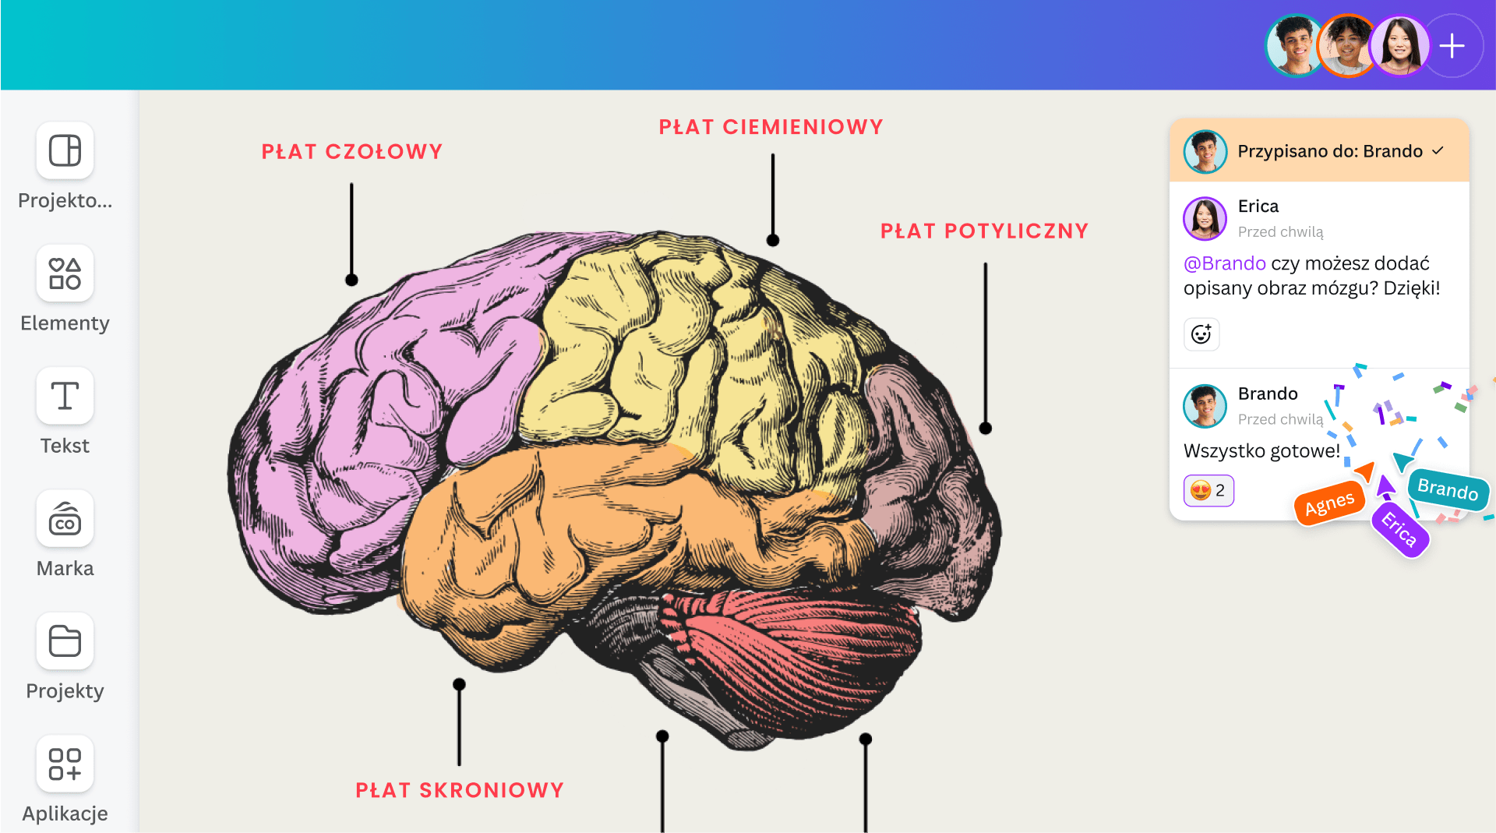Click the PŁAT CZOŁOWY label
352,151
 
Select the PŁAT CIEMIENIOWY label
771,127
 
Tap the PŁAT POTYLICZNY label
985,231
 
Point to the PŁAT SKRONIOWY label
460,790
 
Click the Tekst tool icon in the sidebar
65,396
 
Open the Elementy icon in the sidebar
65,274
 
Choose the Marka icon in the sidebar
65,519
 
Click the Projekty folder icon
65,641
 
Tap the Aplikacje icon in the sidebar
65,764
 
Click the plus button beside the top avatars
1452,46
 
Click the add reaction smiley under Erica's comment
1201,334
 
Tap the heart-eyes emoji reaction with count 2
1208,491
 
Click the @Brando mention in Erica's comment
1225,263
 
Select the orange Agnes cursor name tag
1329,504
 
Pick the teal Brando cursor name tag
1448,489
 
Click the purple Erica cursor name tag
1399,530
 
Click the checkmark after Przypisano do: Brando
1438,150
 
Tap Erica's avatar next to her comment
1205,218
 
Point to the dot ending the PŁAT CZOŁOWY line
352,280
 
